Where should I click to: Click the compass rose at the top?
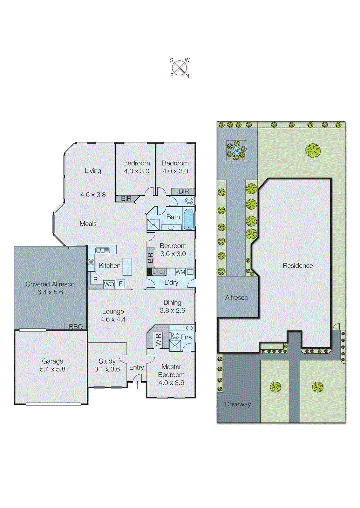tap(180, 68)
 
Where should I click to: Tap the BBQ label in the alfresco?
tap(76, 326)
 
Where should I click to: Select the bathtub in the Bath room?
tap(188, 219)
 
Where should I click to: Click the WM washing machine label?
tap(180, 272)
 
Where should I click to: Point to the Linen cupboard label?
tap(159, 272)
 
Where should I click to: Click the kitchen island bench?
tap(127, 266)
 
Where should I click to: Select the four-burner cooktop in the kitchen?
tap(91, 262)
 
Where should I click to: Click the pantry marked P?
tap(95, 280)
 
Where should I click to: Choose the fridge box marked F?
tap(120, 284)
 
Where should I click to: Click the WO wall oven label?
tap(109, 284)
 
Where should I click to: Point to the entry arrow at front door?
tap(137, 385)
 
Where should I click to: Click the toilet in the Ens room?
tap(175, 336)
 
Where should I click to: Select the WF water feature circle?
tap(236, 150)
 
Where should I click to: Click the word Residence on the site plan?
tap(298, 265)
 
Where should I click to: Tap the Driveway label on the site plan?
tap(238, 404)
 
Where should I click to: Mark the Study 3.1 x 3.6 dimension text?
tap(107, 369)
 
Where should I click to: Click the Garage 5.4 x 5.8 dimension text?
tap(52, 369)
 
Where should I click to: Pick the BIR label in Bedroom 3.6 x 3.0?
tap(151, 257)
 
